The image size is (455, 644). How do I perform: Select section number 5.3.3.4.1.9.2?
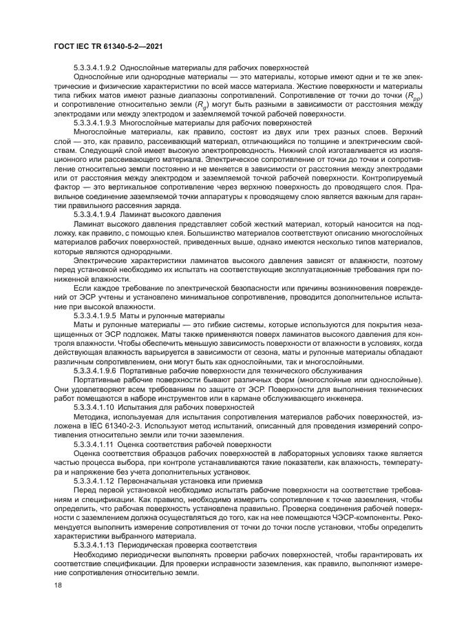[94, 67]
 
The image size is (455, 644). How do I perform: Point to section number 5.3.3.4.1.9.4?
[94, 213]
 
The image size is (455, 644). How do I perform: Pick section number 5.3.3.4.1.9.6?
[94, 370]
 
